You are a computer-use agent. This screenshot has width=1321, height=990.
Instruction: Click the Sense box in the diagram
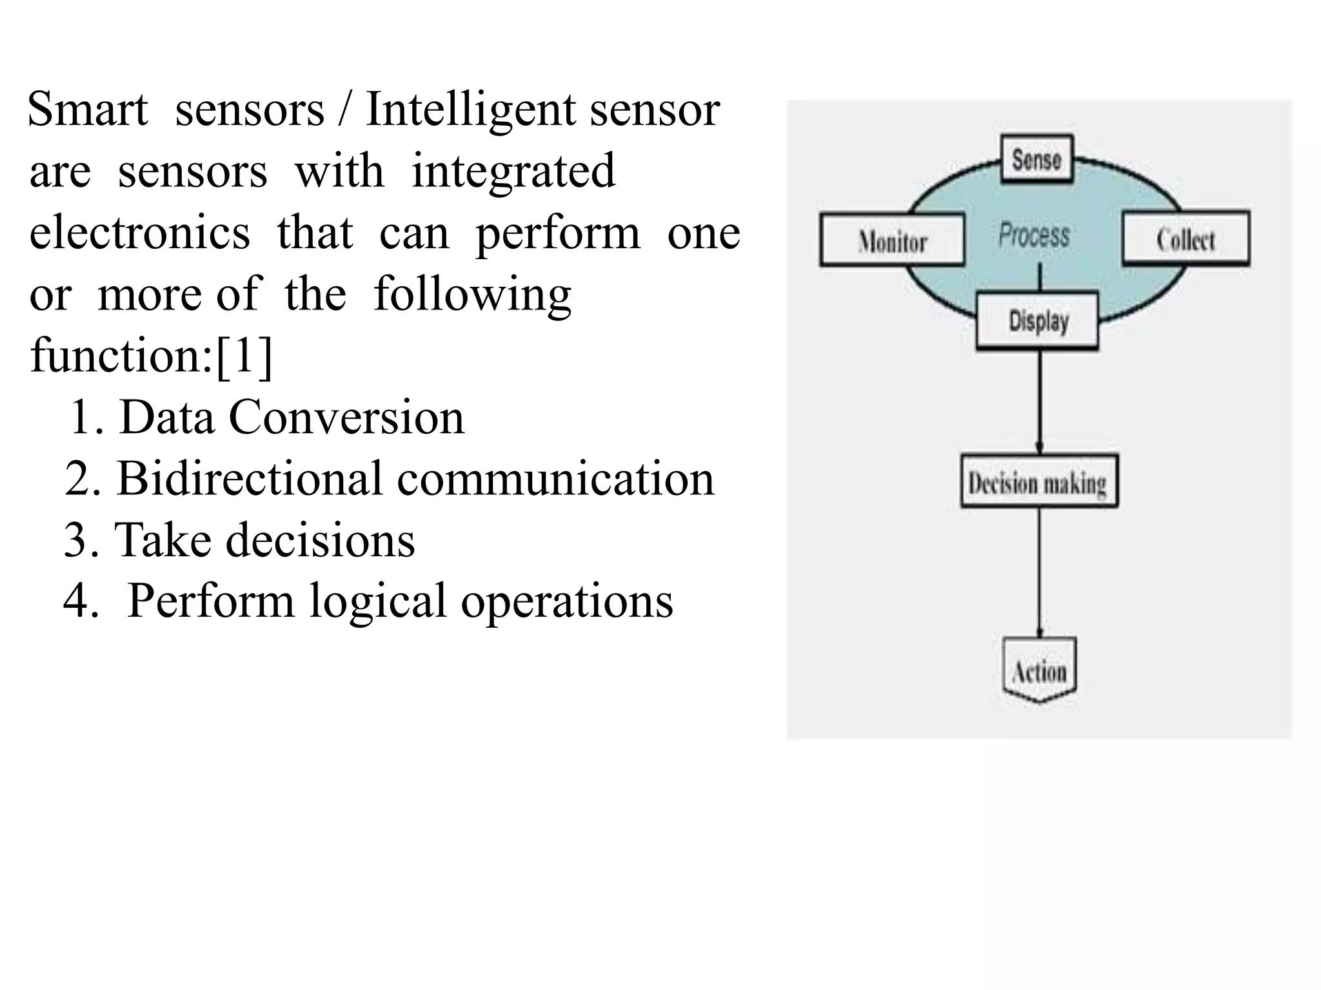pyautogui.click(x=1037, y=159)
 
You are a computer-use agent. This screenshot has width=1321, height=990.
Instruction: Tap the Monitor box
pyautogui.click(x=892, y=240)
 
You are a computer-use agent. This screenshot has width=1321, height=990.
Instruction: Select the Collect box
pyautogui.click(x=1186, y=238)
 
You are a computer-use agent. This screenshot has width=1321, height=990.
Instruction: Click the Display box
pyautogui.click(x=1038, y=320)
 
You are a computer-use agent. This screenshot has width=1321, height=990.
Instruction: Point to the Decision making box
pyautogui.click(x=1038, y=481)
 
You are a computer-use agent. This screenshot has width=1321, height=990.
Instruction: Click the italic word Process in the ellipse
pyautogui.click(x=1034, y=235)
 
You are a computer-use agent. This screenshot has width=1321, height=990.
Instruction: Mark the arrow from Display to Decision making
pyautogui.click(x=1039, y=403)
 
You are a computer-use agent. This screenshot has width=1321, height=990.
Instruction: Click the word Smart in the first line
pyautogui.click(x=88, y=110)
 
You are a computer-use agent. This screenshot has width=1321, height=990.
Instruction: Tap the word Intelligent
pyautogui.click(x=470, y=110)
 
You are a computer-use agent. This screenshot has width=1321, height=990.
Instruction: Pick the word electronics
pyautogui.click(x=140, y=233)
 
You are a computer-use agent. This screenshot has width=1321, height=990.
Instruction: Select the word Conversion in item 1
pyautogui.click(x=346, y=417)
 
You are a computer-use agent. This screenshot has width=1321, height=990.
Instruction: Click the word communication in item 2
pyautogui.click(x=555, y=479)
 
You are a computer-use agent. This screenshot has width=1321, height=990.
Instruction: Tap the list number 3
pyautogui.click(x=75, y=540)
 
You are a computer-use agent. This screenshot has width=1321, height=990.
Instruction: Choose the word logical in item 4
pyautogui.click(x=377, y=601)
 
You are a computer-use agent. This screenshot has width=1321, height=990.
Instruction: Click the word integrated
pyautogui.click(x=513, y=171)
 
